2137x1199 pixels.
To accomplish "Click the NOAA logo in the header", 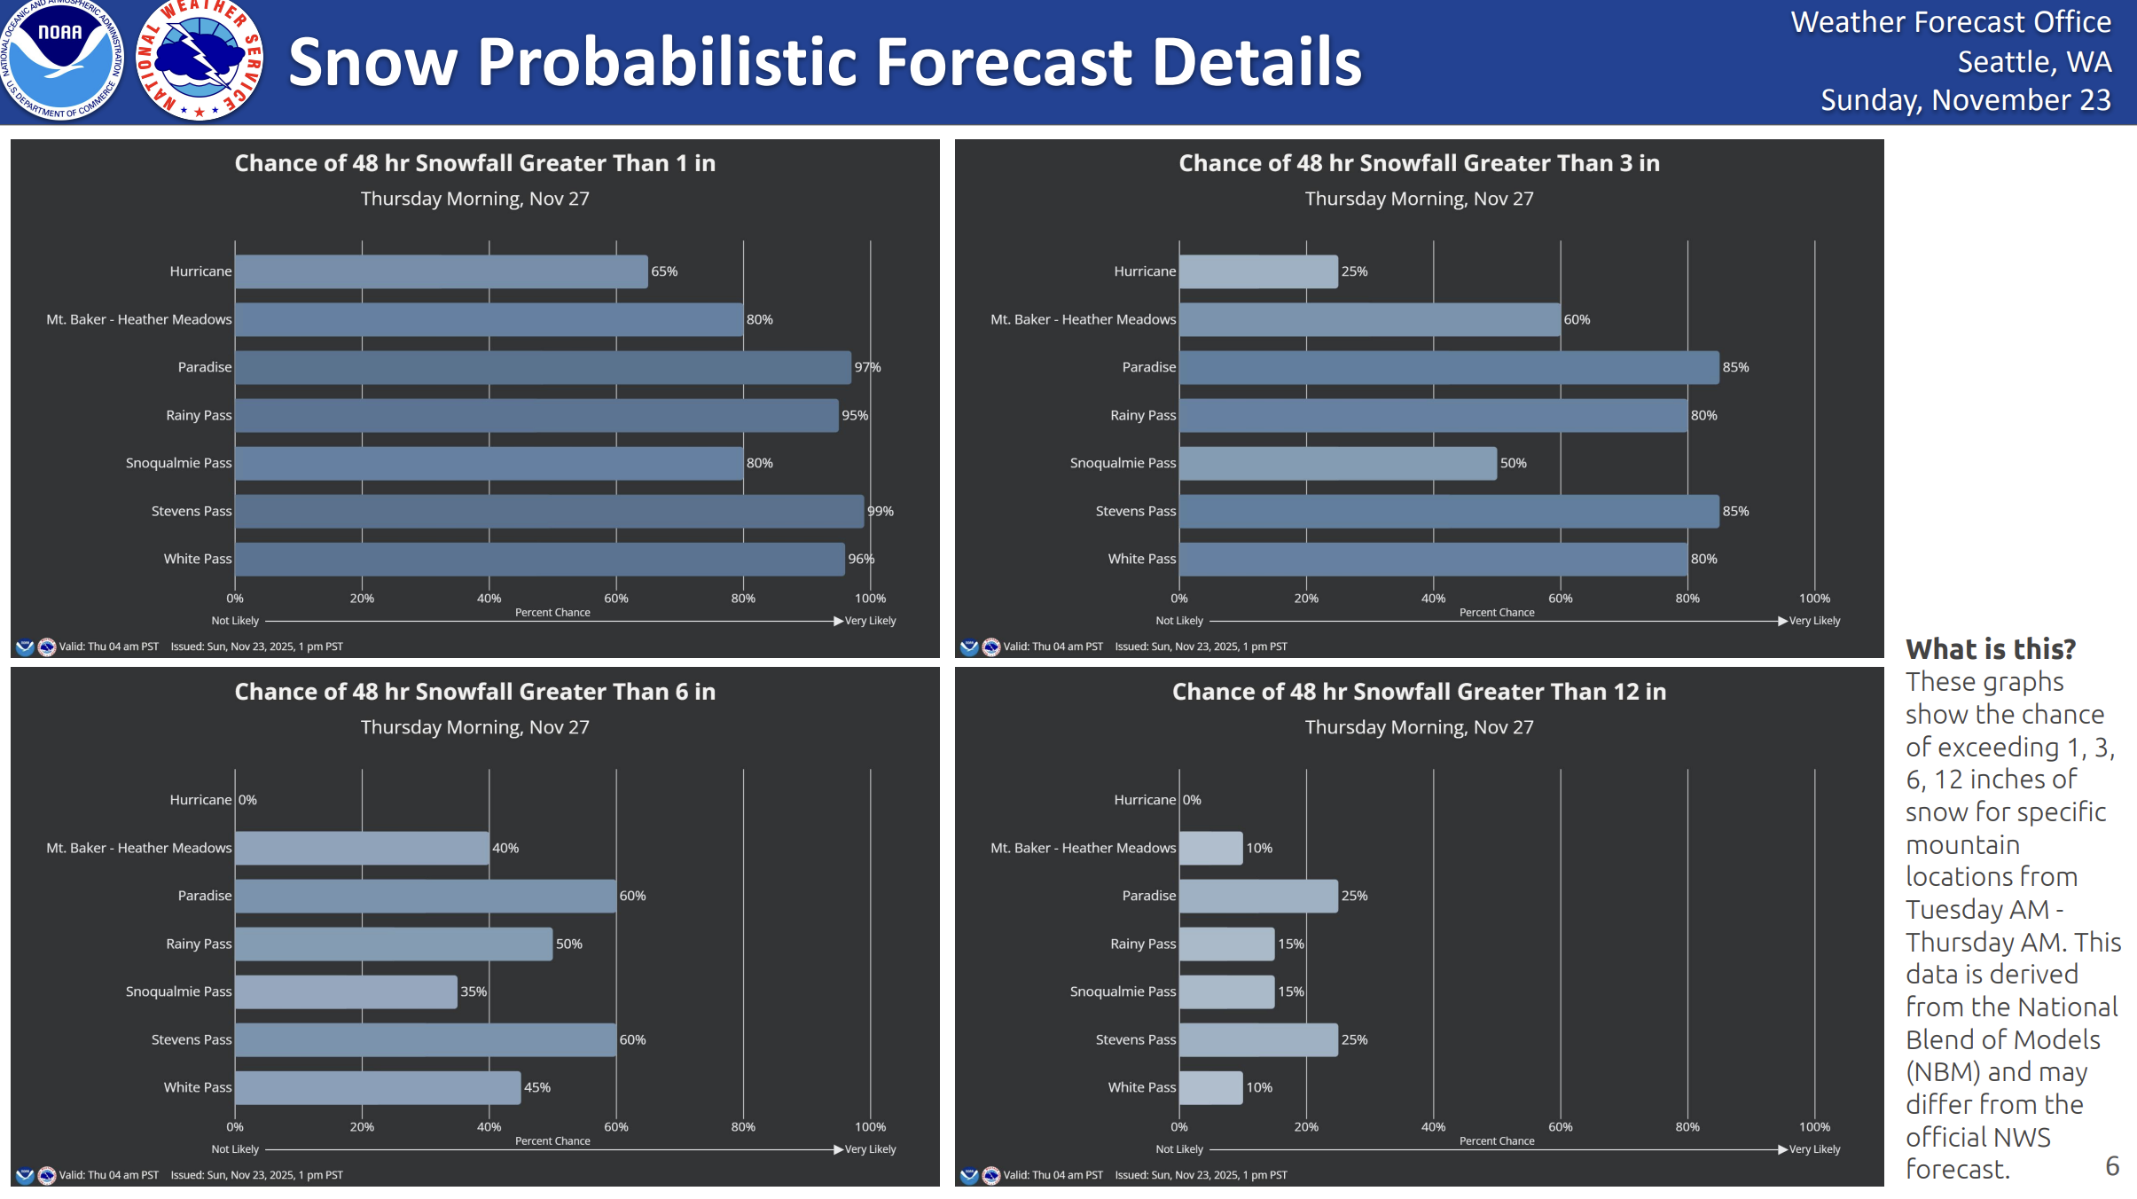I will pos(60,60).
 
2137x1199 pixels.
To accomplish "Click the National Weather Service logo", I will pos(200,60).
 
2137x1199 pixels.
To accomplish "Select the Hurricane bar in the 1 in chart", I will pos(441,271).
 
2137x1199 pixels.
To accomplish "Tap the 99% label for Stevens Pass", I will pos(880,511).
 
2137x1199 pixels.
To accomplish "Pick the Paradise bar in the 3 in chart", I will pos(1448,367).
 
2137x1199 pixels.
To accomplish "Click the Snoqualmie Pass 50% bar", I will pos(1337,463).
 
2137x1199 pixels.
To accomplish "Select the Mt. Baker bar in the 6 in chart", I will pos(362,848).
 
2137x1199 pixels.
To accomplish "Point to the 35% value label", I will pos(474,991).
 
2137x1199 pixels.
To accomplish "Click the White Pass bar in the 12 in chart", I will pos(1210,1087).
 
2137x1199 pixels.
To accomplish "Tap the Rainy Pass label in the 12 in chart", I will pos(1142,944).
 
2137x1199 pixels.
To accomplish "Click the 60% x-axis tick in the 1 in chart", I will pos(616,599).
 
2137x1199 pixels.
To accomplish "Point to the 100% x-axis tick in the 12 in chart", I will pos(1814,1127).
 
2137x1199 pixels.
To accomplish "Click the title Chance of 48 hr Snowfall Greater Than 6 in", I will pos(474,692).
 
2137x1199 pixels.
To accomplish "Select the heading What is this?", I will pos(1990,649).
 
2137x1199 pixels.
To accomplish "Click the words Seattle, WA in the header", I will pos(2033,62).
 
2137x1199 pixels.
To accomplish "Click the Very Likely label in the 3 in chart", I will pos(1814,621).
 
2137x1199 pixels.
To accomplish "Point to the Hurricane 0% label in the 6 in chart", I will pos(247,800).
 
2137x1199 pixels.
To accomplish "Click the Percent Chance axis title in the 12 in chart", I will pos(1496,1141).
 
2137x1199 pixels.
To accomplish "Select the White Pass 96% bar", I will pos(539,559).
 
